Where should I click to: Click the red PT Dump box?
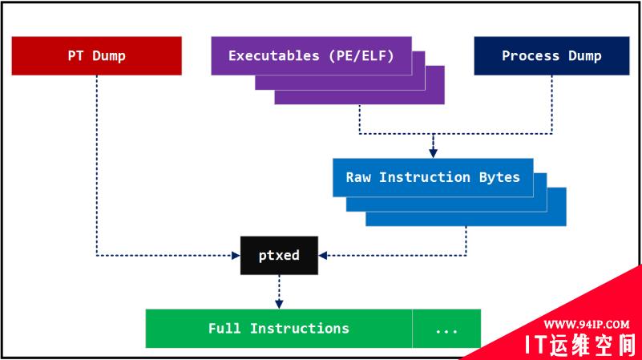click(96, 55)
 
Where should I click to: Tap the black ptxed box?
click(279, 256)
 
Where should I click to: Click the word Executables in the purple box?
click(263, 55)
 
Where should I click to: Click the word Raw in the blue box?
click(358, 177)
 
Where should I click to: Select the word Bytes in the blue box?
click(499, 177)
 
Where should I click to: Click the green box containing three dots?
click(446, 329)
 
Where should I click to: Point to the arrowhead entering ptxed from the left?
click(236, 256)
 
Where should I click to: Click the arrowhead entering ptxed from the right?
click(323, 256)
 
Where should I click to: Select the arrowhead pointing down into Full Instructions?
click(279, 304)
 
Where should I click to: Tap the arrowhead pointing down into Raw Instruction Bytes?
click(433, 152)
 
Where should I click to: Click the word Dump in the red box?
click(109, 55)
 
